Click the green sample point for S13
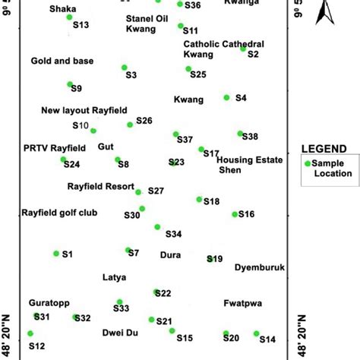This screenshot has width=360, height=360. point(70,17)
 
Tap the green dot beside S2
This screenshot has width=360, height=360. point(243,48)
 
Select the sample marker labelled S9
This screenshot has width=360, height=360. point(70,84)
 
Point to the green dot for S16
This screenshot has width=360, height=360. point(235,214)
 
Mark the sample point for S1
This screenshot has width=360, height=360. point(56,253)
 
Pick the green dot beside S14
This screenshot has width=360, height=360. point(257,333)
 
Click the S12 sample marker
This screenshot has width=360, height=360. point(30,333)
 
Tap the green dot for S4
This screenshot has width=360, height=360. point(226,97)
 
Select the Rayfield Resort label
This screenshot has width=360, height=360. point(99,186)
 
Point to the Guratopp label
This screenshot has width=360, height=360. point(48,302)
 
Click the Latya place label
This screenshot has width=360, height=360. point(114,278)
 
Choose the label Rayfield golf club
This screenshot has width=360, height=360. point(59,213)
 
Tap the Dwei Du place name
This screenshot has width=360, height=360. point(120,333)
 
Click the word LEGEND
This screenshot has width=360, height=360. point(324,149)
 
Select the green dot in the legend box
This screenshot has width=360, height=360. point(308,163)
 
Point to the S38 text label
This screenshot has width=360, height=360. point(251,137)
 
